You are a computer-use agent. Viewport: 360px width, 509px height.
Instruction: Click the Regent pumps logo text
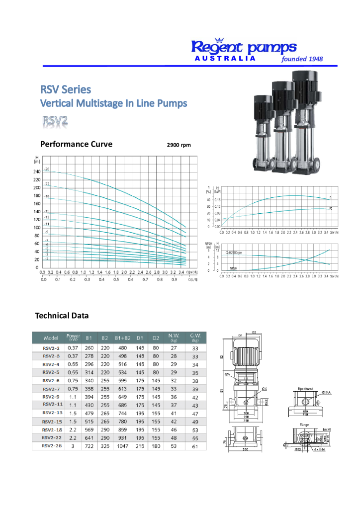point(244,47)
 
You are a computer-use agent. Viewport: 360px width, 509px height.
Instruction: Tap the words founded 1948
point(302,59)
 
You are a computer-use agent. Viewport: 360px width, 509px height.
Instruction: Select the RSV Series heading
point(66,89)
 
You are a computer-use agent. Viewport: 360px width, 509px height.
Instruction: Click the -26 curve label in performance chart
point(47,170)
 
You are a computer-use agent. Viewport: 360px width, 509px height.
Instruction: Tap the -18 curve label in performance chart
point(47,197)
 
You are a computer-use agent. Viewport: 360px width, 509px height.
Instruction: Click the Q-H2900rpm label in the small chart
point(234,253)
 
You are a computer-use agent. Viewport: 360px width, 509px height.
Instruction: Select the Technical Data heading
point(62,315)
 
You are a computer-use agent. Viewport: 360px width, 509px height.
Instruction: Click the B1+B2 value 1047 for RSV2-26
point(122,446)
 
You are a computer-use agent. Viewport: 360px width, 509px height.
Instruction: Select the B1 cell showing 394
point(90,397)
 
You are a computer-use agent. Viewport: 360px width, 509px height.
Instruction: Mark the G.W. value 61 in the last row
point(195,446)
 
